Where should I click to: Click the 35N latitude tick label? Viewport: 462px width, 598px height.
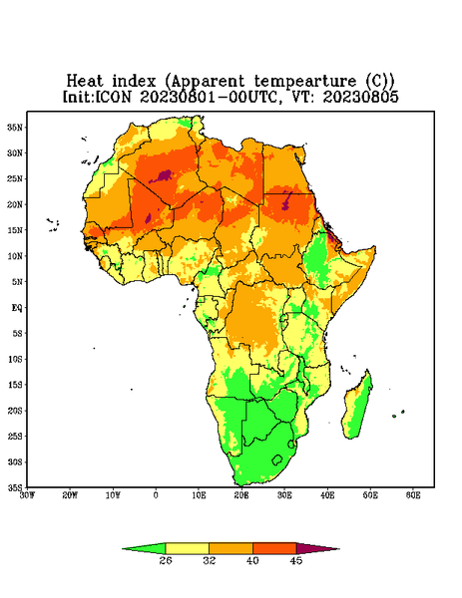tap(15, 127)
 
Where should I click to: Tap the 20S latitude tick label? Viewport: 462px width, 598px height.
tap(15, 411)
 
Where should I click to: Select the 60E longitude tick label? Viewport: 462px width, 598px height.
tap(413, 495)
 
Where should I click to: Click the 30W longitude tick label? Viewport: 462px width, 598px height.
tap(27, 495)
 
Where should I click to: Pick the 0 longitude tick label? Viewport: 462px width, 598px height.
tap(156, 495)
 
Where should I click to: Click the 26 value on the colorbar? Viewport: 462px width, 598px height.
tap(166, 560)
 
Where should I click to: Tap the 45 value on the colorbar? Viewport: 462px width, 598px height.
tap(296, 560)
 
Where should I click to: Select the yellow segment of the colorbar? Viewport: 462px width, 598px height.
tap(187, 548)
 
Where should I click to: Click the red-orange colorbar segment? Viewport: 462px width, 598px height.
tap(274, 548)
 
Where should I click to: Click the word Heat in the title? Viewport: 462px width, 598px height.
tap(85, 82)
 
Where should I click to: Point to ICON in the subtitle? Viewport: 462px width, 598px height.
tap(113, 97)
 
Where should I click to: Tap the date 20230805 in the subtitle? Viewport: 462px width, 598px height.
tap(361, 97)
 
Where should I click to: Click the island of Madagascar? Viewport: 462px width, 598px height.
tap(357, 407)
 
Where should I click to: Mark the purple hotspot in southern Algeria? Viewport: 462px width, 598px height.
tap(165, 175)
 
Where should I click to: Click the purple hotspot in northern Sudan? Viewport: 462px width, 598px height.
tap(286, 202)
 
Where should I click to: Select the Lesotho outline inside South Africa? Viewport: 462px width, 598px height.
tap(277, 459)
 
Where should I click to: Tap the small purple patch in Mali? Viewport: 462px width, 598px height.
tap(148, 218)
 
